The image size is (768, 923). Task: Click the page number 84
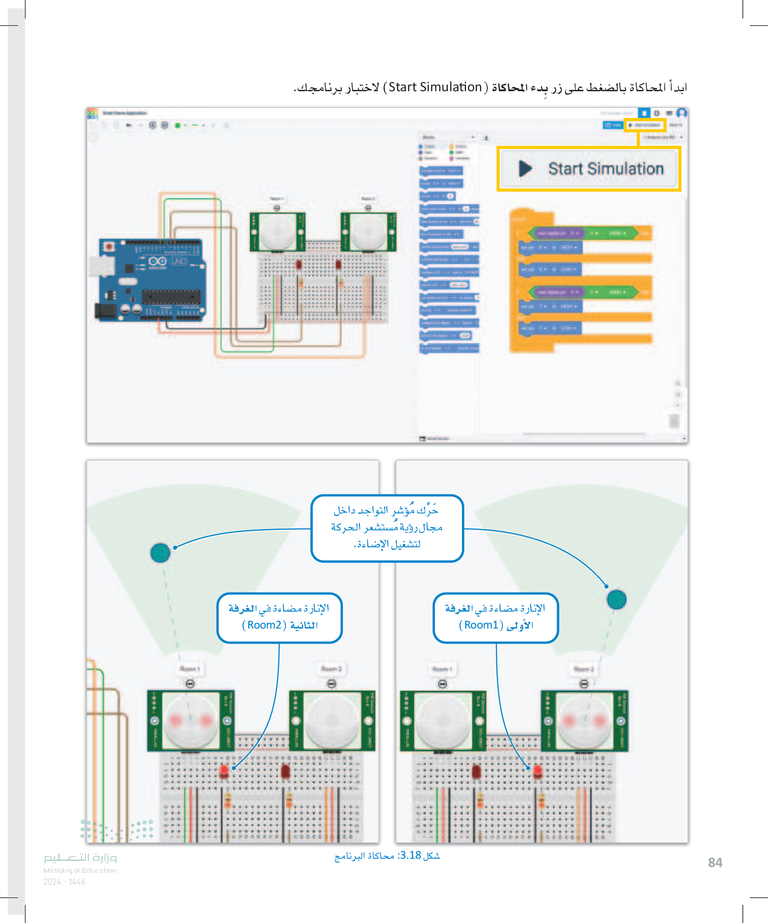(x=715, y=862)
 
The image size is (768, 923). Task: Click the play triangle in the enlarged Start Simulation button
(x=525, y=169)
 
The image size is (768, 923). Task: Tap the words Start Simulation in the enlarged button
(x=606, y=169)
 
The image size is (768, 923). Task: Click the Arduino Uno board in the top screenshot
(x=151, y=280)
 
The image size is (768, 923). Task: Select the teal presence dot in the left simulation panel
(x=160, y=552)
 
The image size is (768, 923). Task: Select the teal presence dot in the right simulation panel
(x=616, y=599)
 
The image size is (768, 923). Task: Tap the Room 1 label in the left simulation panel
(x=190, y=669)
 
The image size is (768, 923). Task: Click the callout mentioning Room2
(x=279, y=618)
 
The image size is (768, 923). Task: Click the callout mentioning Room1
(x=496, y=618)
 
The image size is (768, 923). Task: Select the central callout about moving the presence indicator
(x=387, y=527)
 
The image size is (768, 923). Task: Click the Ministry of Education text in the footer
(x=80, y=870)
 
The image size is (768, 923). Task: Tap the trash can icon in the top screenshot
(x=674, y=420)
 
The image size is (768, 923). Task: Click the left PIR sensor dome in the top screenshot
(x=277, y=232)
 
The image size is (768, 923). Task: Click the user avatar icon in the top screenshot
(x=682, y=113)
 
